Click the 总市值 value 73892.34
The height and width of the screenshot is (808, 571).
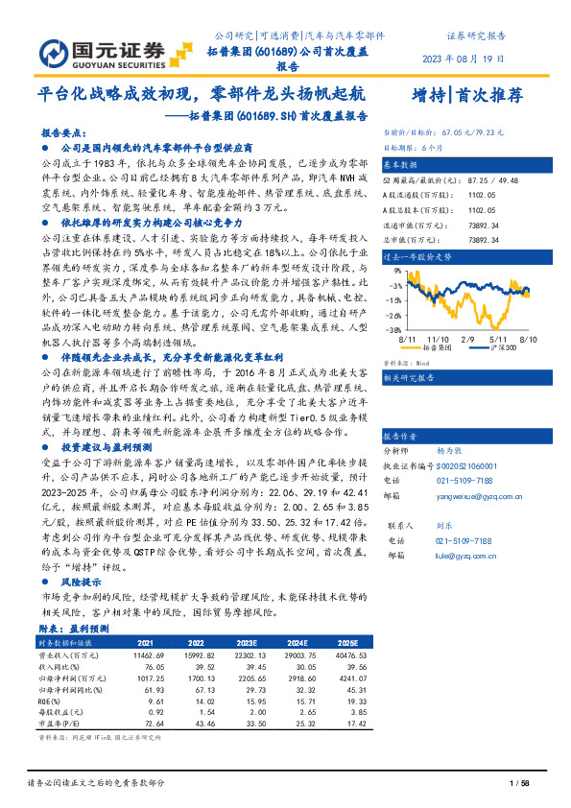coord(483,235)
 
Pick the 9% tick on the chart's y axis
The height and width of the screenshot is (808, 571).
coord(393,272)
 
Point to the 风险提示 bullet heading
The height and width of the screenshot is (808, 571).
coord(81,581)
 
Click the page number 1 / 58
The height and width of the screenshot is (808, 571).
coord(519,785)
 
